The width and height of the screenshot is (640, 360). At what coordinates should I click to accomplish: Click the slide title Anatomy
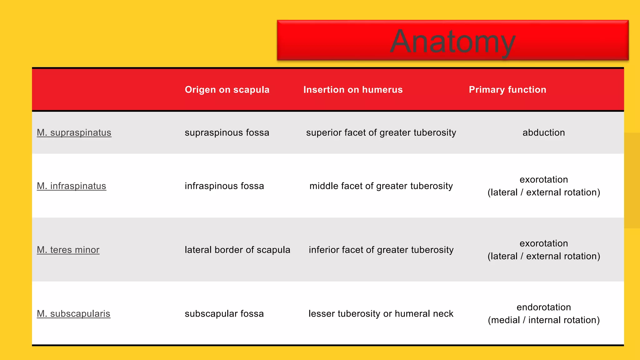452,42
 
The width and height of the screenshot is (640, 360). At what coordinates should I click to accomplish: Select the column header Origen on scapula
227,90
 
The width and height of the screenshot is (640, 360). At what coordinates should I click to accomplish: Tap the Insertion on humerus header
353,90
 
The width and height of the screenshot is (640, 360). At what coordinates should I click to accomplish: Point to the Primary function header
507,90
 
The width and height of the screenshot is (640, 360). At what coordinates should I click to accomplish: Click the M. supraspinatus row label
74,132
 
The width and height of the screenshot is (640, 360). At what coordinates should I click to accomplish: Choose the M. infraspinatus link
71,186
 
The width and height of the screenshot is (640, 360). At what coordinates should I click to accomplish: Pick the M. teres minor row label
68,250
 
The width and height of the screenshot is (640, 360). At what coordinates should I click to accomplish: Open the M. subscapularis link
73,313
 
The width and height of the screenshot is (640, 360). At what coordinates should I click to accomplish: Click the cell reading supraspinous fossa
227,132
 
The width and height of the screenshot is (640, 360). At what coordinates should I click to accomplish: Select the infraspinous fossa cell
224,186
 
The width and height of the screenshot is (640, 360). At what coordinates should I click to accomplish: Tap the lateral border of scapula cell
237,250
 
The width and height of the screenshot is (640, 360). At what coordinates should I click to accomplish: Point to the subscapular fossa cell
224,313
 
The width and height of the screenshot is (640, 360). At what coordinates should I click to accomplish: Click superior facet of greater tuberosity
381,132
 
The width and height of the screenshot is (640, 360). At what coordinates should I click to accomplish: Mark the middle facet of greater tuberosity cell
381,186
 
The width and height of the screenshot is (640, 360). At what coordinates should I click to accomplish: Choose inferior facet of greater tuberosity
381,250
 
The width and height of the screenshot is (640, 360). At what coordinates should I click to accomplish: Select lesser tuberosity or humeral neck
381,313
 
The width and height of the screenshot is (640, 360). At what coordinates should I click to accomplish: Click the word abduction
543,132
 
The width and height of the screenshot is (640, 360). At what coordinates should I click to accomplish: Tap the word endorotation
543,307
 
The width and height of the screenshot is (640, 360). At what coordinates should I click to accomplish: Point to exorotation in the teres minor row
543,243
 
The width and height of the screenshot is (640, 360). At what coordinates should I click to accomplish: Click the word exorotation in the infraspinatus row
543,180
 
